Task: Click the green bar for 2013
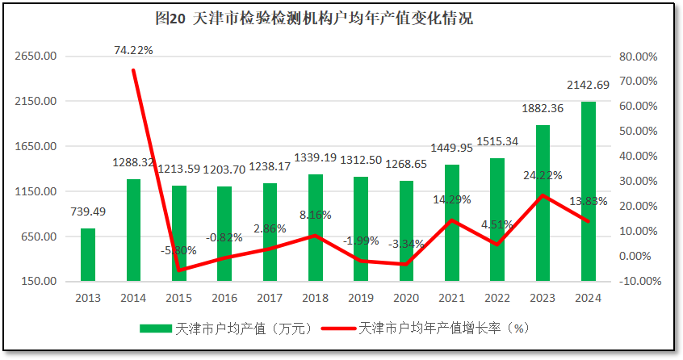(x=88, y=255)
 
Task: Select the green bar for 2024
(x=588, y=191)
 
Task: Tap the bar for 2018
(x=316, y=228)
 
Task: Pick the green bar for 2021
(x=452, y=223)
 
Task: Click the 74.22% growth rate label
(x=133, y=50)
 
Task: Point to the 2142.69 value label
(x=588, y=86)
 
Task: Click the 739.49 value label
(x=88, y=211)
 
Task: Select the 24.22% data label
(x=543, y=174)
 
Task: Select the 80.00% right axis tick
(x=634, y=57)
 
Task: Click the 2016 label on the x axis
(x=224, y=298)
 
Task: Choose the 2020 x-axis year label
(x=406, y=298)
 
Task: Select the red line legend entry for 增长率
(x=338, y=329)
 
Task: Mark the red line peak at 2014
(x=133, y=70)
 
